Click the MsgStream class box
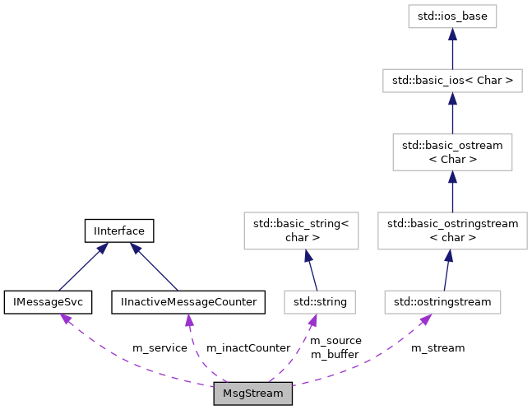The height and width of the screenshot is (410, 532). pos(252,394)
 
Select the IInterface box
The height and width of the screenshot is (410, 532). pos(120,231)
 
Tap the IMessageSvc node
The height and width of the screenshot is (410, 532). pos(48,302)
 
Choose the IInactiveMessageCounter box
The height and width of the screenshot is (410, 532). pos(188,302)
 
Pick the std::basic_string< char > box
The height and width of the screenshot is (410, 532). pos(301,231)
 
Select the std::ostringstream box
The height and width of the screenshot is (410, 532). pos(442,302)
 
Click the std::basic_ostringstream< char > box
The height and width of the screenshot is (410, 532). pos(452,231)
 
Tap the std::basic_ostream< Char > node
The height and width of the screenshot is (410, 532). pos(452,151)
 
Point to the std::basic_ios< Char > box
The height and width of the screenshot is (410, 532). pos(452,81)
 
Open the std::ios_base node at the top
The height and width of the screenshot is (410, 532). pos(452,16)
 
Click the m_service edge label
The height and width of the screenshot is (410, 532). pos(160,348)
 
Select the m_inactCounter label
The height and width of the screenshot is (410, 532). pos(247,348)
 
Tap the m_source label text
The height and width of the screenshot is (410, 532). pos(335,341)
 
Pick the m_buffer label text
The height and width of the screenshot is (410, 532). pos(335,355)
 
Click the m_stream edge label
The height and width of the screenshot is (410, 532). pos(437,348)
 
